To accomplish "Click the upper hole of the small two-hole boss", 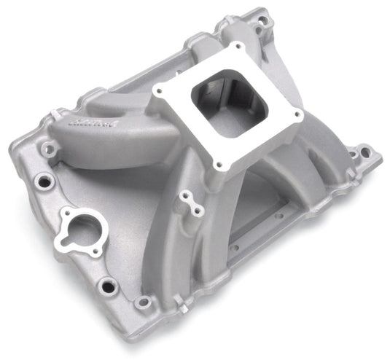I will [x=187, y=197].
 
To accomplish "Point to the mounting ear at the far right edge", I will [x=361, y=154].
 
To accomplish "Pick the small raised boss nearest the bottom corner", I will [x=144, y=302].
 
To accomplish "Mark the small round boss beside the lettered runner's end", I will [x=50, y=149].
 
